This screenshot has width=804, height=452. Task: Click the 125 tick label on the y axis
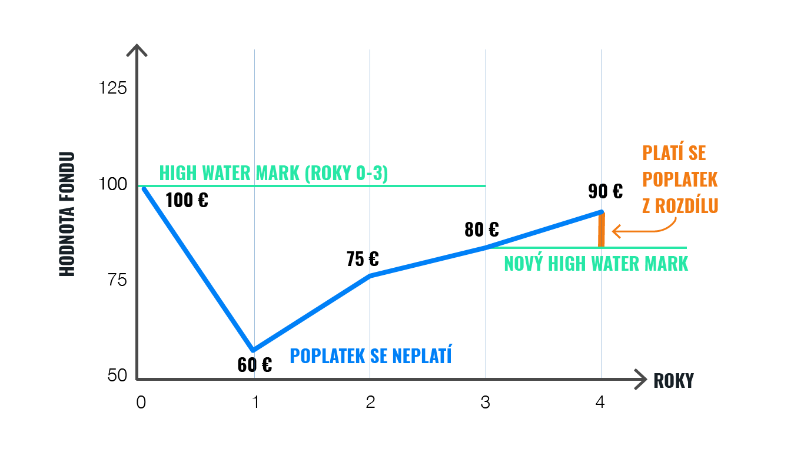click(113, 88)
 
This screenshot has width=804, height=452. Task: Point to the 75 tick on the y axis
click(118, 280)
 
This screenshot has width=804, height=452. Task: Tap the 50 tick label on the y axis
click(118, 375)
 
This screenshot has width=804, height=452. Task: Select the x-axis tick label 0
click(141, 403)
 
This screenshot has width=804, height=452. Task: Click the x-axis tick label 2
click(370, 403)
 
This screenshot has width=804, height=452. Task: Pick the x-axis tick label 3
click(486, 403)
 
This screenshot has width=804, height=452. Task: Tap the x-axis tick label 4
click(600, 403)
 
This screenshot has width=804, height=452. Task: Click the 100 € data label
click(187, 200)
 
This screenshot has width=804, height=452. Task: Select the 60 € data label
click(255, 365)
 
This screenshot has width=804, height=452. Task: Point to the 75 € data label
click(363, 259)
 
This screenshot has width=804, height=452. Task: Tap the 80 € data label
click(481, 229)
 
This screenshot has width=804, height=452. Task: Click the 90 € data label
click(605, 191)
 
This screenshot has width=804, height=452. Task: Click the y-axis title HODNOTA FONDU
click(67, 214)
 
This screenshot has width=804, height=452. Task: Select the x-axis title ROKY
click(673, 381)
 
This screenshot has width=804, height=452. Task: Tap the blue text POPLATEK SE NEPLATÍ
click(371, 355)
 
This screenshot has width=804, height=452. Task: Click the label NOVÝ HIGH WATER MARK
click(596, 263)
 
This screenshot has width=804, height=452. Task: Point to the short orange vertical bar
click(602, 230)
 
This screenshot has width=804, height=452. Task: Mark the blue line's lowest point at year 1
click(254, 350)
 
